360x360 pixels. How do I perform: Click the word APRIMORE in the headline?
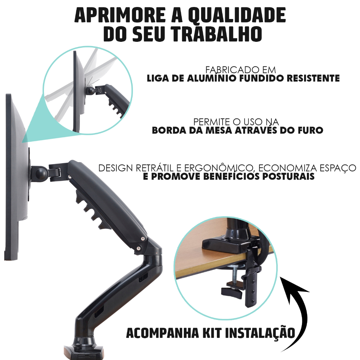pos(120,15)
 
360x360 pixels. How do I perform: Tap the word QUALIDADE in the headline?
pos(237,15)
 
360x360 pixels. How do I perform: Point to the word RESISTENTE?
pos(313,78)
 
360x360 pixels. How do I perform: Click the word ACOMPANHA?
pos(162,333)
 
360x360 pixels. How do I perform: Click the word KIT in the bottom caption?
pos(212,333)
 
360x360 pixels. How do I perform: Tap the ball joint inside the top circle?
pos(91,91)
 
